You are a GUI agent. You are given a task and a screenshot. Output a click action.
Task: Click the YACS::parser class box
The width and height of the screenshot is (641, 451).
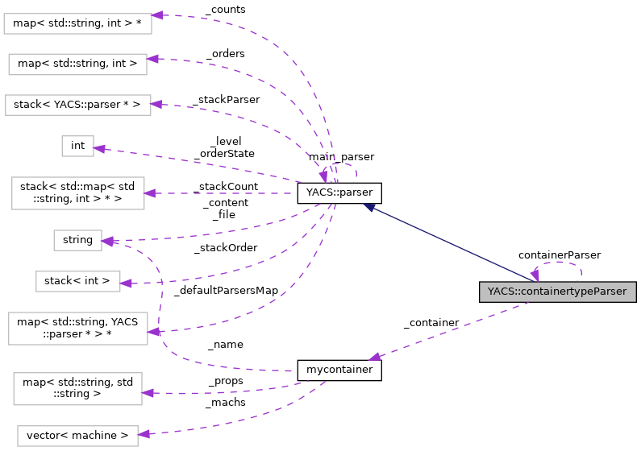click(x=339, y=193)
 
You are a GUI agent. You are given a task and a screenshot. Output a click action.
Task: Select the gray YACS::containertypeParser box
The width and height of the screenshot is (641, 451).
click(x=558, y=292)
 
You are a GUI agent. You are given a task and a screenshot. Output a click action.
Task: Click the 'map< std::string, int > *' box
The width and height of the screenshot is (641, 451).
click(x=77, y=23)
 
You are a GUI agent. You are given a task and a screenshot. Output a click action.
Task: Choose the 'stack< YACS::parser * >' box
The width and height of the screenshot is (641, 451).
click(x=77, y=105)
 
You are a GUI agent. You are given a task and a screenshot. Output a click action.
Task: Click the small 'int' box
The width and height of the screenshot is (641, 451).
click(x=78, y=146)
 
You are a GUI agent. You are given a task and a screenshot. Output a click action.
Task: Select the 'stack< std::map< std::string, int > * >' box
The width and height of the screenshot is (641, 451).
click(x=77, y=193)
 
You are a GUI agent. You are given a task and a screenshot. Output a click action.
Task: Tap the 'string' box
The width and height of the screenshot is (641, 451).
click(x=77, y=240)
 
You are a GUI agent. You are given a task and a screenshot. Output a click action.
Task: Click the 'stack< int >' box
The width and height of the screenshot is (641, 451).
click(x=77, y=281)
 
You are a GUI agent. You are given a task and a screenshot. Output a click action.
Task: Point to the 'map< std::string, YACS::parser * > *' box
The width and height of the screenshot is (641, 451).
click(x=77, y=329)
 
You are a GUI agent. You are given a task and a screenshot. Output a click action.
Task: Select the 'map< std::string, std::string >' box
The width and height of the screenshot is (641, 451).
click(x=77, y=387)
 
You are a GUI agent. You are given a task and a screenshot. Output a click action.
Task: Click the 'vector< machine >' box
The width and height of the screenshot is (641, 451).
click(x=77, y=436)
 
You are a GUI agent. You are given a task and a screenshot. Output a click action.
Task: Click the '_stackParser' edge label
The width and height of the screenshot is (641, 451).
click(x=226, y=99)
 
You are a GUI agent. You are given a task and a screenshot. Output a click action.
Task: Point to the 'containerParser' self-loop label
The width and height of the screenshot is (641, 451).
click(x=559, y=254)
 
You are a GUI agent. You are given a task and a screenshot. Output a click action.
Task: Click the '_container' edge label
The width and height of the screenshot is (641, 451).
click(x=431, y=322)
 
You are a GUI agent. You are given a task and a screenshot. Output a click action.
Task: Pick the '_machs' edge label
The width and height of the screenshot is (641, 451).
click(x=226, y=402)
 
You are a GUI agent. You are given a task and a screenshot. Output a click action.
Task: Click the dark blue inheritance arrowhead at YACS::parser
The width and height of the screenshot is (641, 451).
click(x=368, y=207)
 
